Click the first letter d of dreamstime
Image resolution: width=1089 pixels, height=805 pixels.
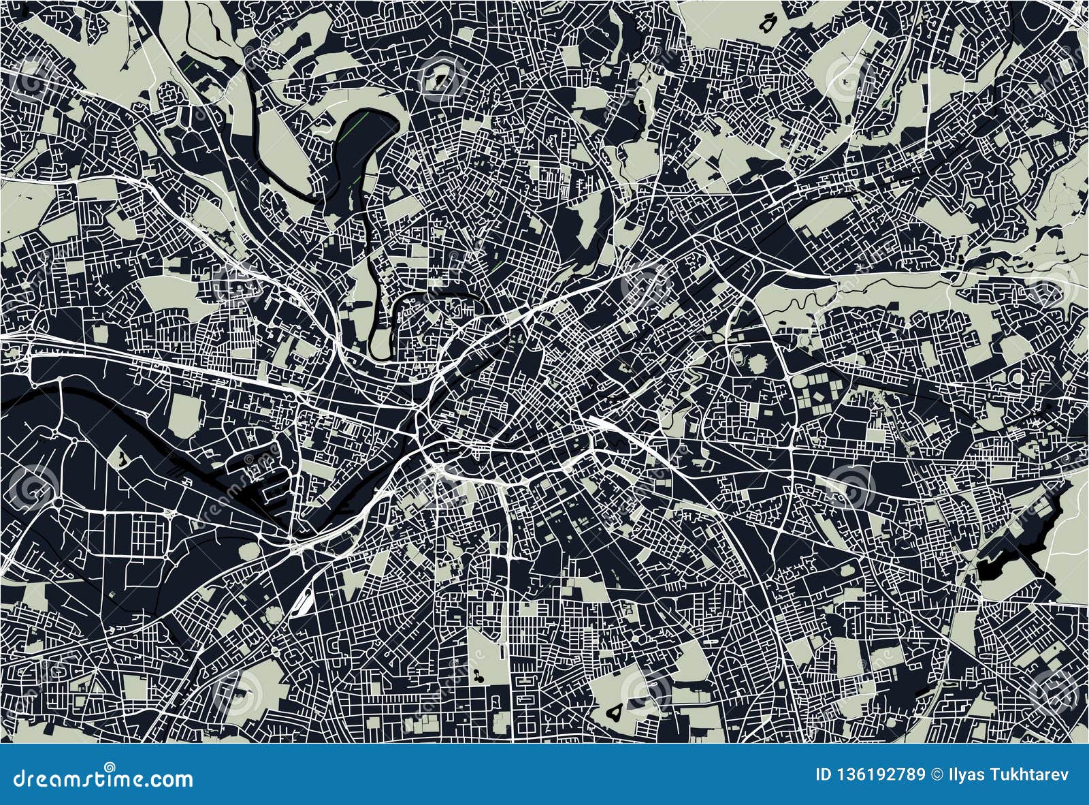point(10,778)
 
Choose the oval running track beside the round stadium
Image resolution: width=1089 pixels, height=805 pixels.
point(737,356)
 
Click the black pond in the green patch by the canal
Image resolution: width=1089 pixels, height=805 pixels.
point(120,458)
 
